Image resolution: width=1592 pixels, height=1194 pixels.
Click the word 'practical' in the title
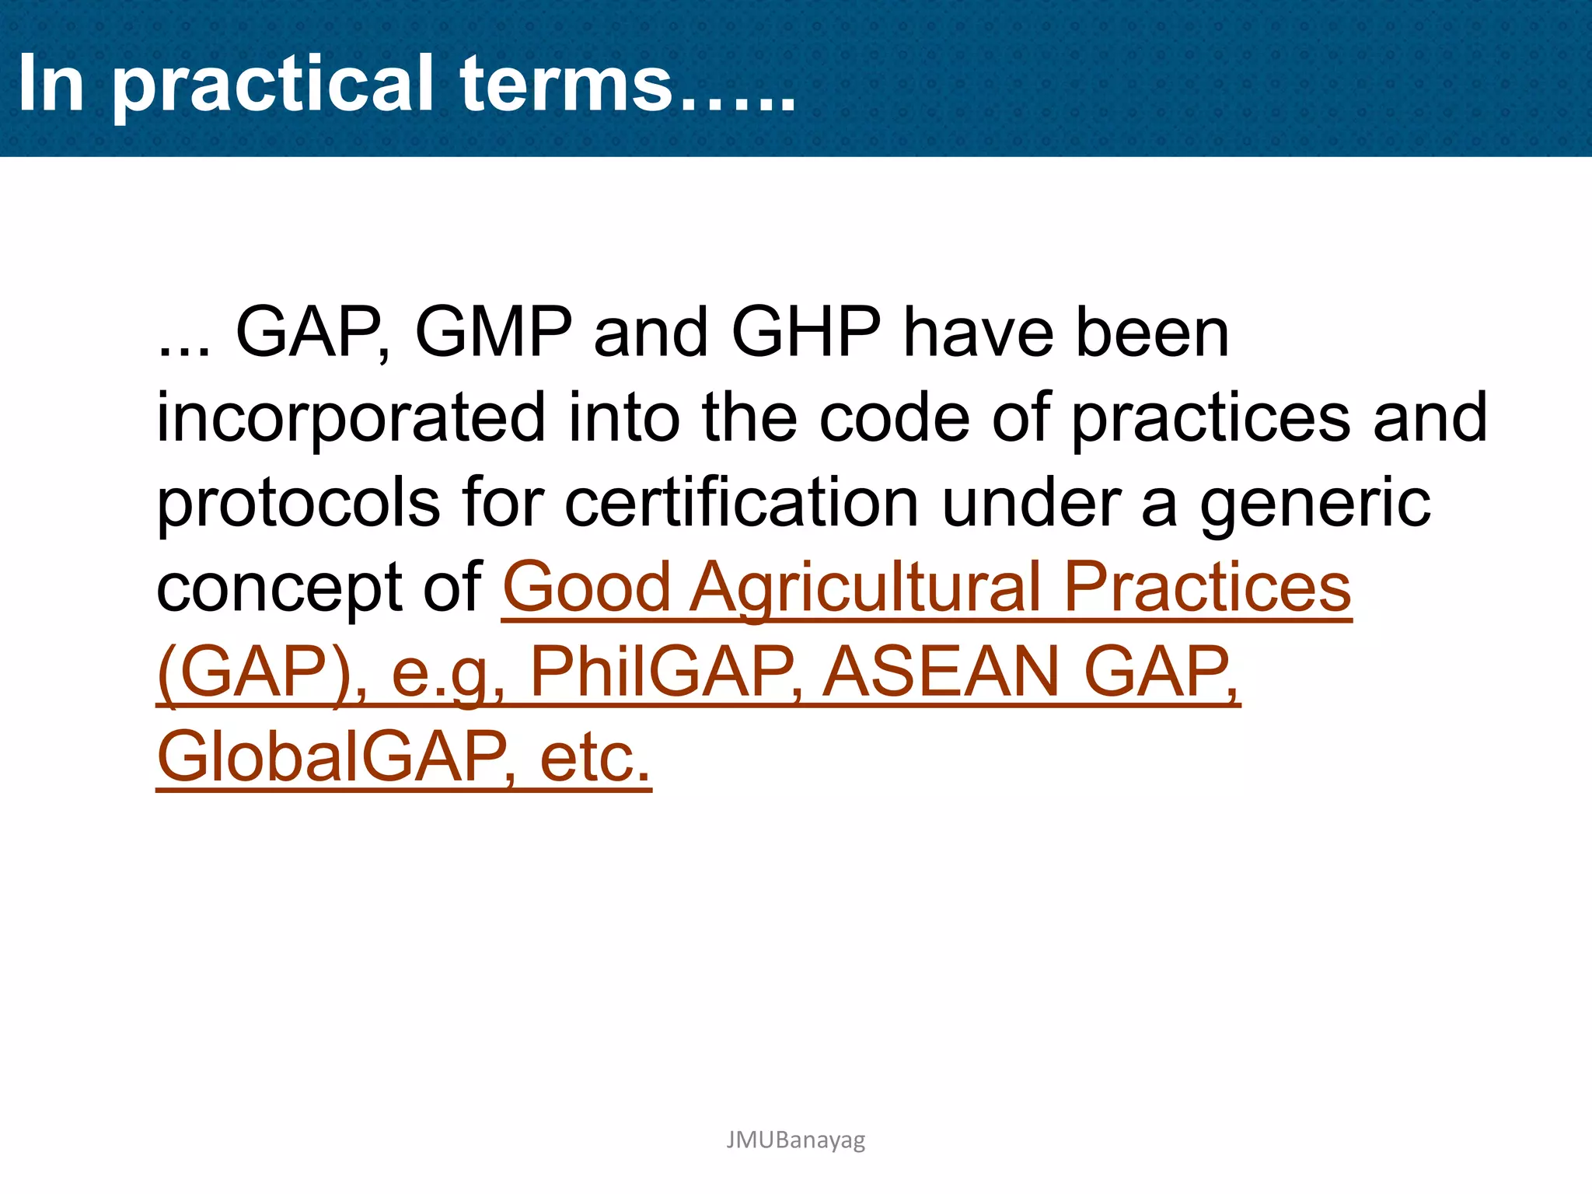click(x=272, y=84)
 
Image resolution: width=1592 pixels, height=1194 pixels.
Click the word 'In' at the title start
click(x=51, y=84)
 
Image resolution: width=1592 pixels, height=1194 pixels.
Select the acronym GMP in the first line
click(x=493, y=333)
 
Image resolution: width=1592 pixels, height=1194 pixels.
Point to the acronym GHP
click(x=806, y=333)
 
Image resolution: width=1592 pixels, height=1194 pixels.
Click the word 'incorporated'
click(x=351, y=418)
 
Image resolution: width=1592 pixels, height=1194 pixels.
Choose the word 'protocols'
click(x=298, y=504)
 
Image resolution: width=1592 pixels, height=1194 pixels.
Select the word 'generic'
click(x=1314, y=504)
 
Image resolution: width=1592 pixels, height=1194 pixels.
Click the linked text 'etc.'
click(x=595, y=757)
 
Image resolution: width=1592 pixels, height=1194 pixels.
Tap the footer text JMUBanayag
click(x=795, y=1140)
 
